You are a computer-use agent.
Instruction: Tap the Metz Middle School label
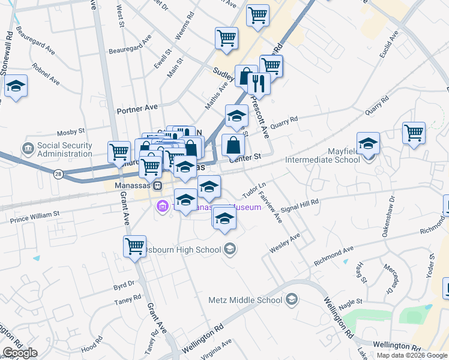click(245, 300)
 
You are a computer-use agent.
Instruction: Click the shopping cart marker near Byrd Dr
click(134, 246)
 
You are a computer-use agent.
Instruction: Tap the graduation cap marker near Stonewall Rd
click(16, 86)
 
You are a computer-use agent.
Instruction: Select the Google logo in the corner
click(20, 353)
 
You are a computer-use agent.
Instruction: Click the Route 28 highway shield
click(58, 174)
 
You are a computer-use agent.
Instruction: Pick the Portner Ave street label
click(137, 107)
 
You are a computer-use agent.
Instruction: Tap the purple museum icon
click(161, 207)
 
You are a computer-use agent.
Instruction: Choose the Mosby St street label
click(71, 132)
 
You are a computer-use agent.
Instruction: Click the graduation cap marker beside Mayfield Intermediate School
click(368, 143)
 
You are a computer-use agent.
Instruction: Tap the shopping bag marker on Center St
click(233, 145)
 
